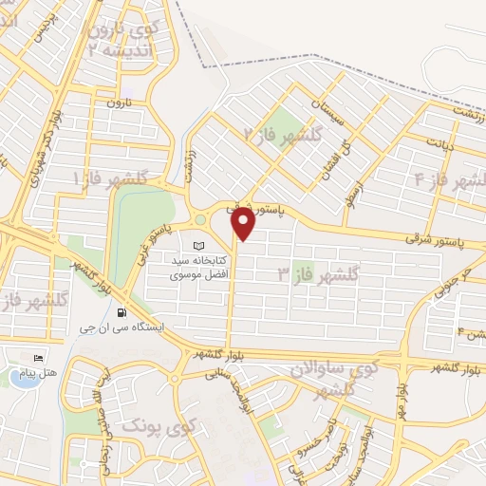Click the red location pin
243,224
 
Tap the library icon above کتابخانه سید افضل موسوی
198,246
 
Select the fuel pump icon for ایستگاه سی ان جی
121,312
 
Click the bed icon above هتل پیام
38,358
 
